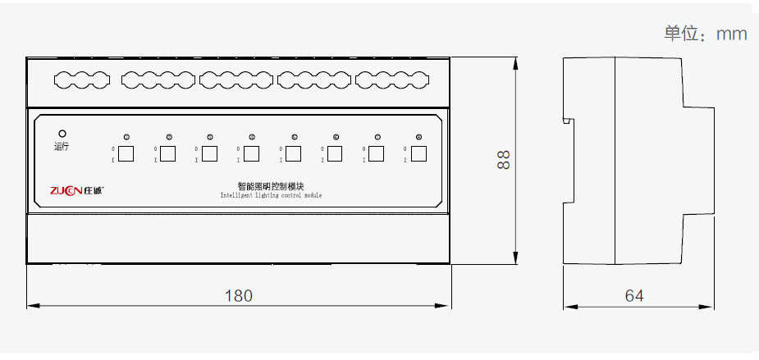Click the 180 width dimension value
[x=239, y=295]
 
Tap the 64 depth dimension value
[x=634, y=295]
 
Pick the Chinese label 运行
[x=62, y=147]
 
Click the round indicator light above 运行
[x=62, y=133]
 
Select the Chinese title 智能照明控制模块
[x=271, y=187]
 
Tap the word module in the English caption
[x=313, y=197]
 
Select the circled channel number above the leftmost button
[x=126, y=137]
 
